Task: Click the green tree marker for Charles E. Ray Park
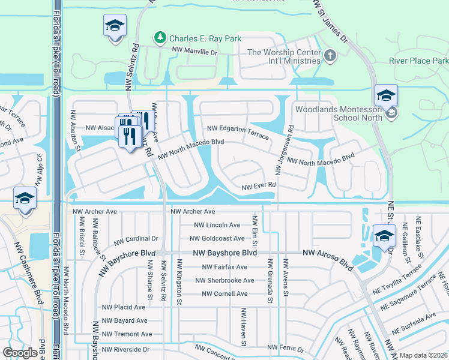(160, 38)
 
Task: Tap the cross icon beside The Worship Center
(330, 56)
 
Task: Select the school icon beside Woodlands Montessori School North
(391, 112)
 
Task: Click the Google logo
(20, 353)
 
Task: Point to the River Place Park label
(418, 61)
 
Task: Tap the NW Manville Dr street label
(194, 52)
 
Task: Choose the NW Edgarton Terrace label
(238, 132)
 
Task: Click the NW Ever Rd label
(258, 187)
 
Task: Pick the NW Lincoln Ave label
(217, 225)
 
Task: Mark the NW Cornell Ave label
(224, 293)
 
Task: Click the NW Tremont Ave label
(127, 334)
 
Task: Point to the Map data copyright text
(424, 355)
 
